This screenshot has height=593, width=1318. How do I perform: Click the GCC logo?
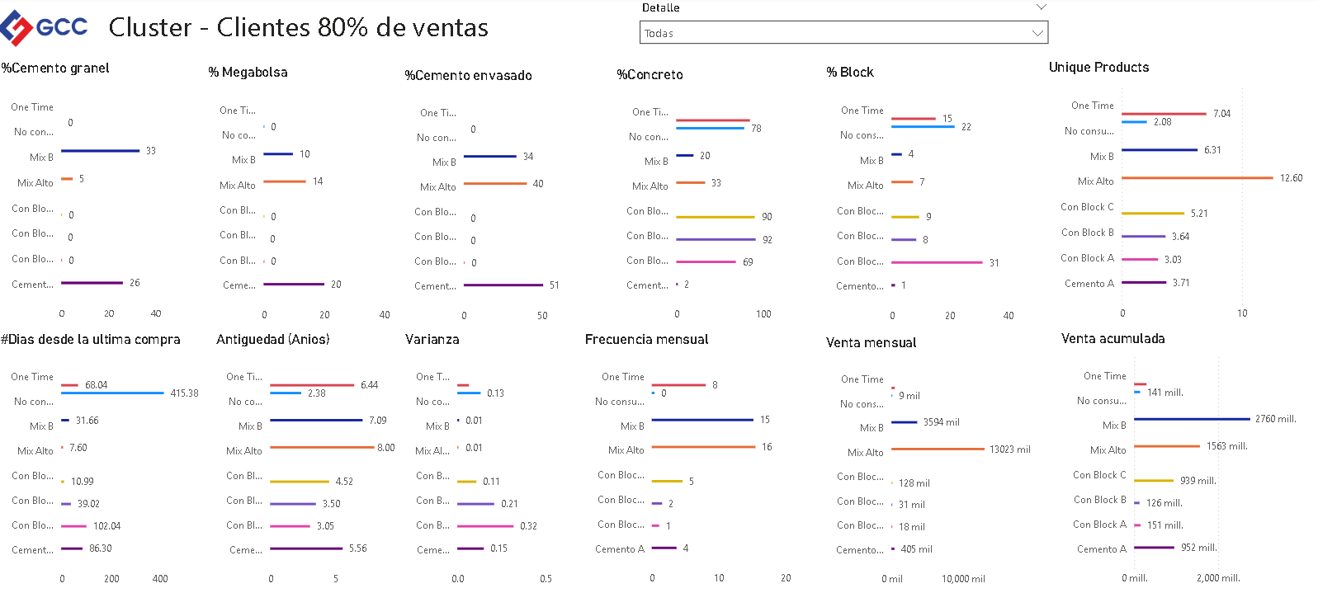(x=45, y=27)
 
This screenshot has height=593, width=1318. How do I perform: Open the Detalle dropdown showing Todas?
(x=843, y=33)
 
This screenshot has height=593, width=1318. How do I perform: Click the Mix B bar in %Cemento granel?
(x=100, y=151)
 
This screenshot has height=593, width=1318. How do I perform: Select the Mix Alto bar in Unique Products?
(x=1197, y=178)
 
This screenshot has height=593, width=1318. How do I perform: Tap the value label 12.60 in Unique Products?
(x=1291, y=178)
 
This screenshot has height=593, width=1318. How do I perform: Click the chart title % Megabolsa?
(x=248, y=73)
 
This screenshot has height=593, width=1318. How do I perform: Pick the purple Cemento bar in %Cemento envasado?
(x=503, y=285)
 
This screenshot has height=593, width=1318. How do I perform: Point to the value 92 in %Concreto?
(x=768, y=240)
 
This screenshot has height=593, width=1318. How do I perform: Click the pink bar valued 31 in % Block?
(x=937, y=262)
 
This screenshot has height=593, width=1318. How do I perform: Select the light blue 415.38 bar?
(x=112, y=393)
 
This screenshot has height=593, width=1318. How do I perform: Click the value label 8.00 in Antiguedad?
(x=386, y=448)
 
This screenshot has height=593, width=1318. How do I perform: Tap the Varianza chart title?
(x=432, y=340)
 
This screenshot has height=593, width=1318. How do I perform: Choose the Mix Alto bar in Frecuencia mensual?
(x=703, y=447)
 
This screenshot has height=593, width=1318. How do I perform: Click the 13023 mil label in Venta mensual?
(x=1009, y=449)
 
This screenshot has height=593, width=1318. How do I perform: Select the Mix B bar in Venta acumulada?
(x=1192, y=419)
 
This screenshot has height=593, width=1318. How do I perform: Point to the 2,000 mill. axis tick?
(x=1218, y=578)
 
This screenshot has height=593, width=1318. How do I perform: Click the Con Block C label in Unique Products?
(x=1087, y=207)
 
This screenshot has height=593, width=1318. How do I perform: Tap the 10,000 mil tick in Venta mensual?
(x=963, y=579)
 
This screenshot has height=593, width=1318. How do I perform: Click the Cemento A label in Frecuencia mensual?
(x=619, y=549)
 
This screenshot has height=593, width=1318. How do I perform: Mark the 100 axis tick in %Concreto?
(x=763, y=314)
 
